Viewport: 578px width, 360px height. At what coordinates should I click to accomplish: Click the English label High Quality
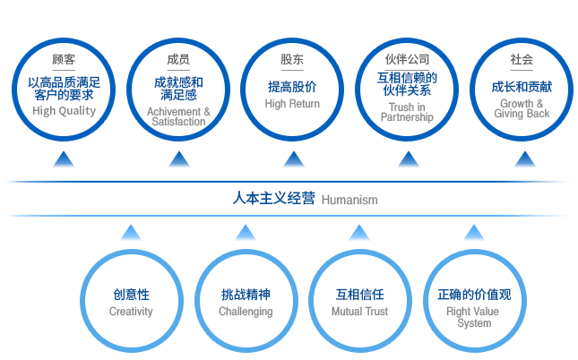(x=65, y=110)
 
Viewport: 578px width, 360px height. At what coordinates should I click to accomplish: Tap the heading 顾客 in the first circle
(x=64, y=59)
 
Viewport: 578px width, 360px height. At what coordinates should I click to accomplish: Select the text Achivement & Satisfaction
(x=178, y=116)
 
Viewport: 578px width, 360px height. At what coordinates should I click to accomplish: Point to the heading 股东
(x=292, y=59)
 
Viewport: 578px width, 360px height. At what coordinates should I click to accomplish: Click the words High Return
(x=292, y=104)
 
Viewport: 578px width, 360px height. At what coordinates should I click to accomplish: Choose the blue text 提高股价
(x=292, y=87)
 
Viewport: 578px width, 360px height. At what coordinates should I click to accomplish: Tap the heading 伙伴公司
(x=408, y=59)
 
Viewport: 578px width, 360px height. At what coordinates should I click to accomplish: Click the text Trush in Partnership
(x=407, y=112)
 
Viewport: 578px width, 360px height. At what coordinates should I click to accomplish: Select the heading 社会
(x=522, y=59)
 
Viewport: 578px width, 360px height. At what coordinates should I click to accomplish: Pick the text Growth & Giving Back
(x=522, y=108)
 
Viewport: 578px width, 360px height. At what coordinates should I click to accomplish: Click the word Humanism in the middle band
(x=349, y=200)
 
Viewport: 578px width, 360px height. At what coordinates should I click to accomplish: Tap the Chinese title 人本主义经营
(x=274, y=198)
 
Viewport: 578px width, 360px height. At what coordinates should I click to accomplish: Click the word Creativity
(x=131, y=312)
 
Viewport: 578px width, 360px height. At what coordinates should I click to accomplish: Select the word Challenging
(x=246, y=312)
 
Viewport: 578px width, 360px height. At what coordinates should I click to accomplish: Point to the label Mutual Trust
(x=359, y=312)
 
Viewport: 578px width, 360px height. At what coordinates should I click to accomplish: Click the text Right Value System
(x=473, y=317)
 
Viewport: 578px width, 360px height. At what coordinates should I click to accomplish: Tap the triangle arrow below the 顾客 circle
(x=64, y=159)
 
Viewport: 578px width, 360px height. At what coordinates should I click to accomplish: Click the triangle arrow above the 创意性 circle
(x=131, y=233)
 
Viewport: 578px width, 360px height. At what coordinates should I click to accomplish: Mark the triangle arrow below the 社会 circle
(x=525, y=159)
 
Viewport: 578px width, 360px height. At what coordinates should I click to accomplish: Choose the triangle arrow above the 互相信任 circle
(x=359, y=233)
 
